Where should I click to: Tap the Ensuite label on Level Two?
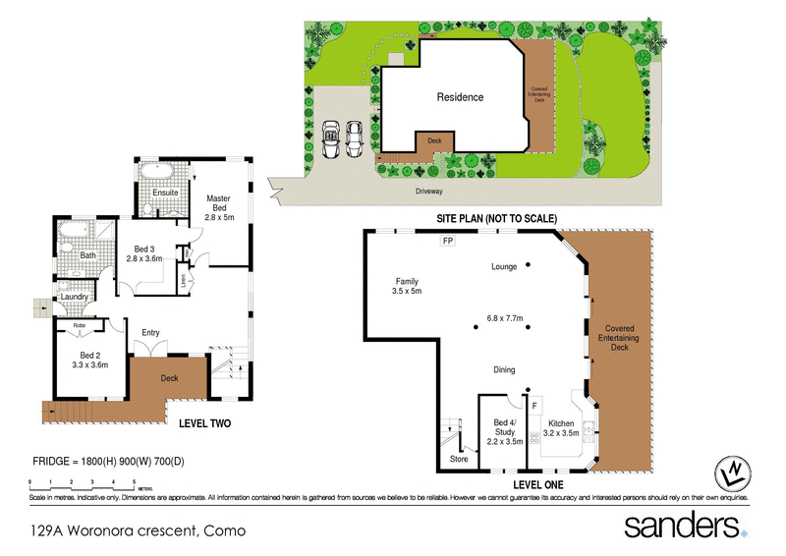(166, 193)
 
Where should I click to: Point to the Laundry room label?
(75, 297)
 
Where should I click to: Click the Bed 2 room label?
(89, 355)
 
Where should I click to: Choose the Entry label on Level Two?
(150, 332)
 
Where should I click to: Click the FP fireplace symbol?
(448, 241)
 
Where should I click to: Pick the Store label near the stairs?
(459, 458)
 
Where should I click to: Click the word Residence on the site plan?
(460, 97)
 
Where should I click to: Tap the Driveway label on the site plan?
(429, 192)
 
